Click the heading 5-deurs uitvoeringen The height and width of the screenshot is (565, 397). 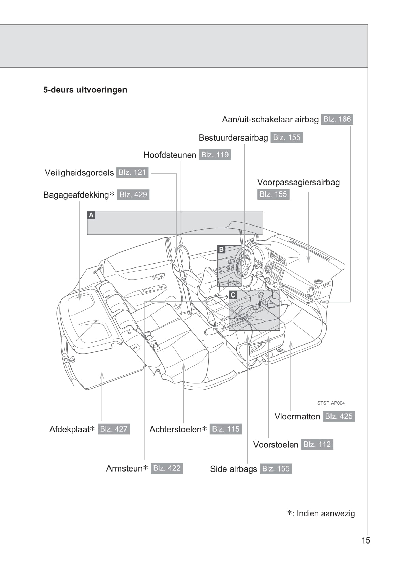point(85,90)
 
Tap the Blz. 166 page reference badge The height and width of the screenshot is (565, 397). point(337,119)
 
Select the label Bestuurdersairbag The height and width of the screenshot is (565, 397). point(233,138)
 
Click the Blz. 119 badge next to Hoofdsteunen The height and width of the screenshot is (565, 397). point(215,155)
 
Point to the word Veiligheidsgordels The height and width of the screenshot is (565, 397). point(79,173)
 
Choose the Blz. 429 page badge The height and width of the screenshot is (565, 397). point(133,195)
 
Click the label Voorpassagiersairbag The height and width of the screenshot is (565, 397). point(298,182)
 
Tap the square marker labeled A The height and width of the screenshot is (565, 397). point(91,215)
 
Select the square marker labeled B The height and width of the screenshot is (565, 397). point(221,249)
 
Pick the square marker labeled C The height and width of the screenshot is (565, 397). point(233,295)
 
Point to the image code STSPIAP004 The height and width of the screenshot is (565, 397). point(331,403)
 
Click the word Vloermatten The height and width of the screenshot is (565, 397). point(297,417)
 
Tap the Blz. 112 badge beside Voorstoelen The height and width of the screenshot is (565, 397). point(317,445)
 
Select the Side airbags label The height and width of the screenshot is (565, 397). point(233,469)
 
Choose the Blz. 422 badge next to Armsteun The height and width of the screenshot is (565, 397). point(167,468)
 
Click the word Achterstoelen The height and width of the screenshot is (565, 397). point(176,429)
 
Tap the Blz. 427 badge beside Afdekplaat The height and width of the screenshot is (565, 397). point(114,429)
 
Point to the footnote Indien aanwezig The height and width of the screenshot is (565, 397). point(325,513)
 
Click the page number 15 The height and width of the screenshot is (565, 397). point(366,540)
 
